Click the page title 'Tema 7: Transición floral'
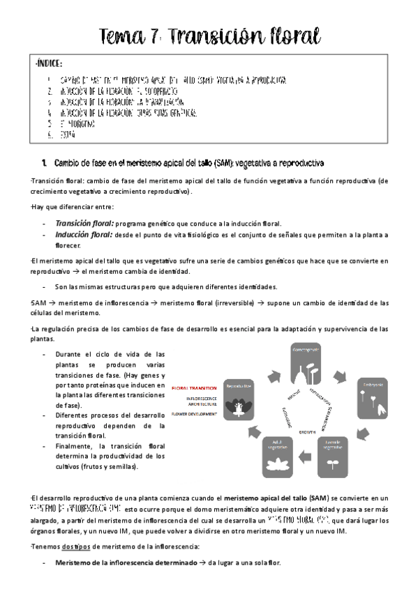(x=209, y=35)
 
